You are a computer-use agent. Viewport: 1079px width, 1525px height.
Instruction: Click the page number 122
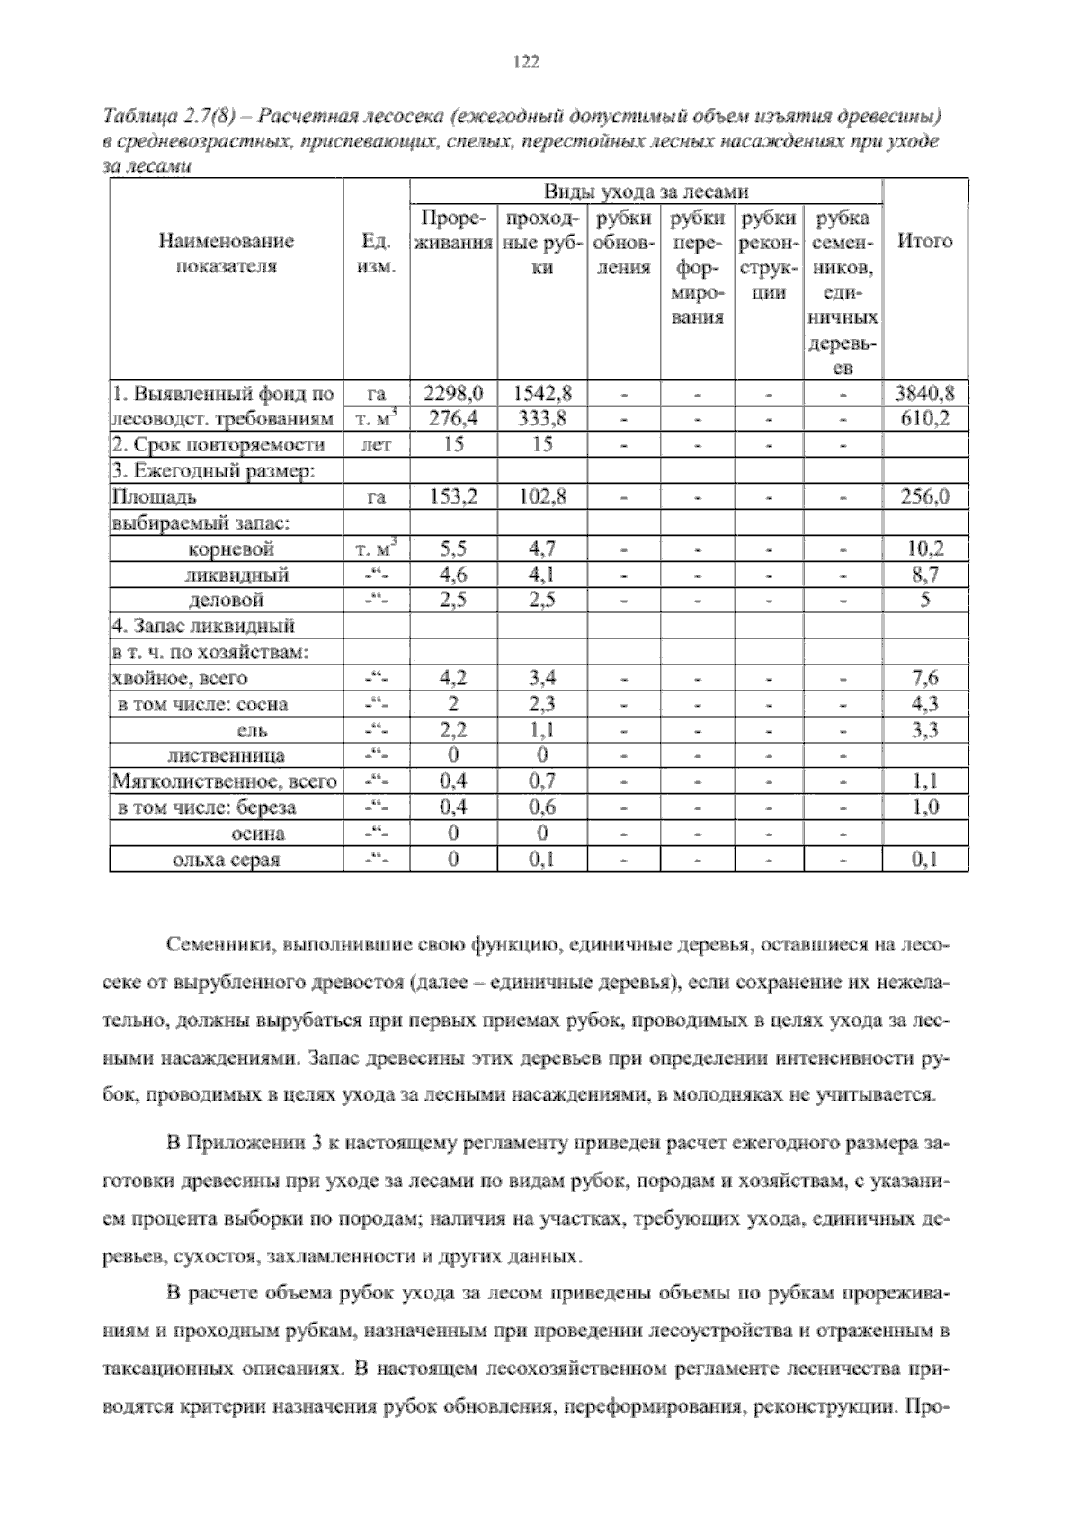click(525, 62)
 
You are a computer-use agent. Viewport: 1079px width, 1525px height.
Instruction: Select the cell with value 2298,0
click(453, 393)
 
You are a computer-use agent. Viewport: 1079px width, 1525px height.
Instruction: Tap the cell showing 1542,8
click(541, 393)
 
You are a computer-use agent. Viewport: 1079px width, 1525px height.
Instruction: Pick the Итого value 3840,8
click(925, 393)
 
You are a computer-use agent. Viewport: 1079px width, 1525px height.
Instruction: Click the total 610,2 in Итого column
click(925, 419)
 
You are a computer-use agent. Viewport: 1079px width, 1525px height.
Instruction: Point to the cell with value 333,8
click(541, 419)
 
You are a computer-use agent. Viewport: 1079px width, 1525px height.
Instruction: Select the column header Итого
click(925, 241)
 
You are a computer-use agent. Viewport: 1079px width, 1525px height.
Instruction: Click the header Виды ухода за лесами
click(646, 192)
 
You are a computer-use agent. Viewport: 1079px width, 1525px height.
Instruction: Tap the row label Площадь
click(154, 497)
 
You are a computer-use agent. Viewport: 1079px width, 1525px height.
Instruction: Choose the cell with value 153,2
click(453, 497)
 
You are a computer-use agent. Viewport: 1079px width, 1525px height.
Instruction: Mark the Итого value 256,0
click(925, 497)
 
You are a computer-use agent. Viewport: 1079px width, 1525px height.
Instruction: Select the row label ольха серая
click(226, 861)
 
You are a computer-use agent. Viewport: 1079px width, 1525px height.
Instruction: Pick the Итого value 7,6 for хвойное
click(925, 679)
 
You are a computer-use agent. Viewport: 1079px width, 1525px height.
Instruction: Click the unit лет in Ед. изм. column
click(376, 445)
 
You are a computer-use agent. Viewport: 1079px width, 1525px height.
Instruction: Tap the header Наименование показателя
click(227, 254)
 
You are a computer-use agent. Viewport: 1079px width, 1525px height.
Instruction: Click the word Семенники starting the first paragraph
click(219, 946)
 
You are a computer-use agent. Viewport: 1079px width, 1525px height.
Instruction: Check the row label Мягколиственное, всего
click(224, 782)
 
